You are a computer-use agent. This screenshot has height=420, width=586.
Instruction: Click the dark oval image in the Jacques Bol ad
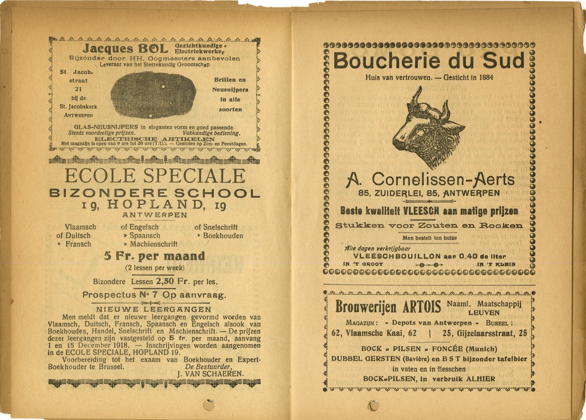coord(153,94)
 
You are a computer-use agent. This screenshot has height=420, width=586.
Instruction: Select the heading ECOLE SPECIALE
coord(154,176)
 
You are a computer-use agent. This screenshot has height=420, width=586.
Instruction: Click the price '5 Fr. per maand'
coord(154,256)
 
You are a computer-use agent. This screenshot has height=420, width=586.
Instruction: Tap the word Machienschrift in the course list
coord(153,244)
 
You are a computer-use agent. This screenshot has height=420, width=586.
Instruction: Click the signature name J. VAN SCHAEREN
coord(210,374)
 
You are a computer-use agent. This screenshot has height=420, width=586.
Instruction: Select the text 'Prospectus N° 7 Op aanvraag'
coord(154,295)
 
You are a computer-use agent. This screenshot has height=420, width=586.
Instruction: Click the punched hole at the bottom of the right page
coord(374,405)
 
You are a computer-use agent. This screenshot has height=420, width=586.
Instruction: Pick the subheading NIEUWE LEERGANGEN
coord(154,309)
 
